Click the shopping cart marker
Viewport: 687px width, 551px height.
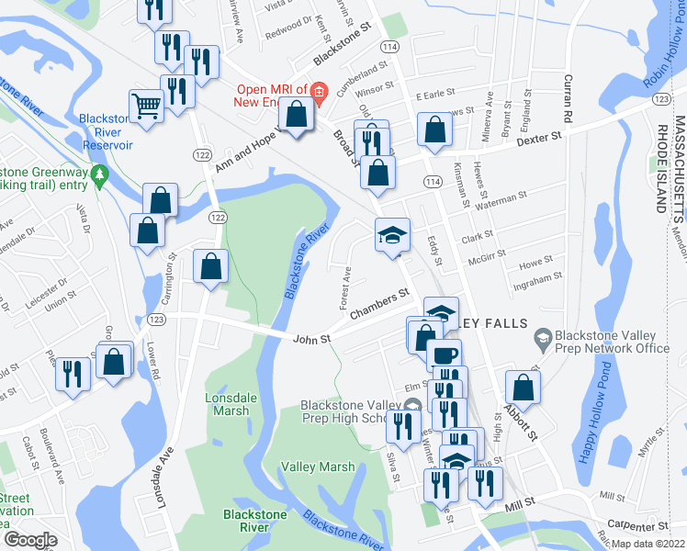tap(147, 106)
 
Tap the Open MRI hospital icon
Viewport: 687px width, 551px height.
tap(319, 91)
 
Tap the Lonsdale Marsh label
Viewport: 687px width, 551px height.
tap(227, 404)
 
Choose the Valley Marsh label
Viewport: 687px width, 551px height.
tap(318, 467)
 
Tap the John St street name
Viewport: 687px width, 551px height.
tap(310, 339)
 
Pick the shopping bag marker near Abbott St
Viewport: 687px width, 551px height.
tap(522, 387)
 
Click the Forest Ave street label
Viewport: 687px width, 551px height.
tap(347, 275)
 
